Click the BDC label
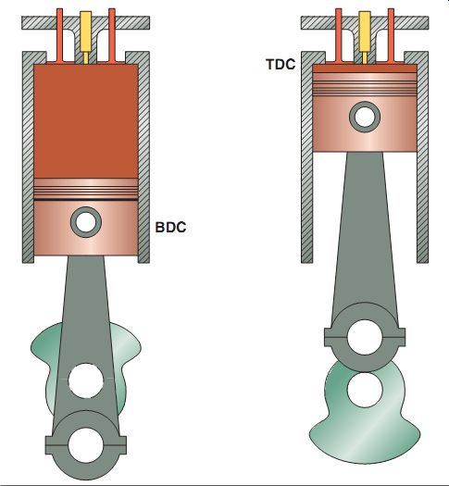point(170,227)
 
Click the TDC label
point(281,65)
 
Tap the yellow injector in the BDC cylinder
point(86,37)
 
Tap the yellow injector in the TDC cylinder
point(365,37)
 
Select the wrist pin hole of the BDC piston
point(86,222)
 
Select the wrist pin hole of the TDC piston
point(365,117)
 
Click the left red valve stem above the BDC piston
point(59,35)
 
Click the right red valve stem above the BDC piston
point(112,35)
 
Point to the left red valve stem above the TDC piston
point(339,35)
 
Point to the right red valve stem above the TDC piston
point(391,35)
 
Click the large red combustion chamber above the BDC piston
point(86,121)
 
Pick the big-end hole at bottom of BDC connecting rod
point(86,445)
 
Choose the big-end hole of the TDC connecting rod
point(365,337)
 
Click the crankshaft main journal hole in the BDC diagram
point(86,380)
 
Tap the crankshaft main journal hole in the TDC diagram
point(365,391)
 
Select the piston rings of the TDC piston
point(365,88)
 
